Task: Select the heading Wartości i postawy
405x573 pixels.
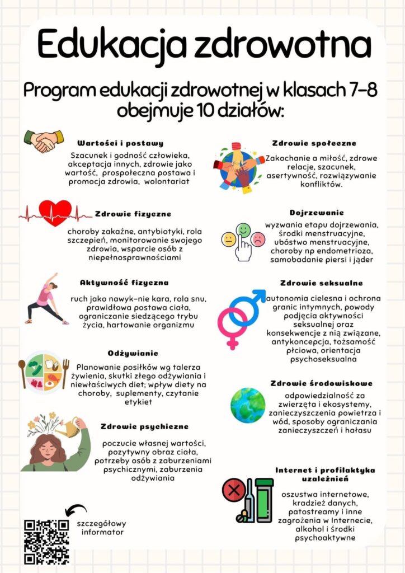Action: (x=120, y=143)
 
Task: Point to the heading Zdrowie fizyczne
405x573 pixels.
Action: (x=133, y=214)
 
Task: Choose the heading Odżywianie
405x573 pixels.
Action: (x=133, y=353)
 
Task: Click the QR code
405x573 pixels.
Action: (x=47, y=541)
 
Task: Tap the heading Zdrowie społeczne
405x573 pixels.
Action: (x=314, y=143)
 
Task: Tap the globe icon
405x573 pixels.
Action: (x=248, y=405)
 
